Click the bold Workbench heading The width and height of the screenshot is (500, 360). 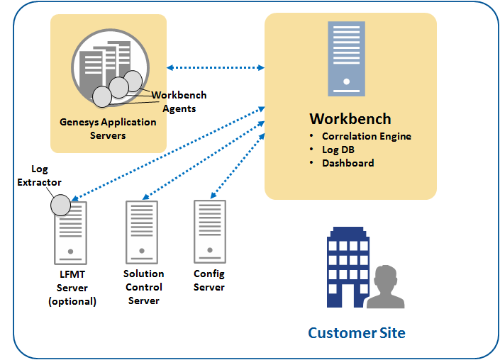click(350, 119)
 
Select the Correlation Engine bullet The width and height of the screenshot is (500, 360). click(366, 136)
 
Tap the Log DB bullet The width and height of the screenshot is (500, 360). click(338, 150)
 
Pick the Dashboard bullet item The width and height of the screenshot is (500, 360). click(348, 163)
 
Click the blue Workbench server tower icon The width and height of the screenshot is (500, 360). click(346, 58)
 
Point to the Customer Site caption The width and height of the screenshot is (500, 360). click(357, 332)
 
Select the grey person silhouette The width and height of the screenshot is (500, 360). click(384, 287)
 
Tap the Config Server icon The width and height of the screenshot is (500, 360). click(210, 230)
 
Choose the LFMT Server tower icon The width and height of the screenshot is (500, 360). click(71, 233)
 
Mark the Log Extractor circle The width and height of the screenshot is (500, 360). click(60, 205)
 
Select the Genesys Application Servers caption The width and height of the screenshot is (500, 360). click(108, 128)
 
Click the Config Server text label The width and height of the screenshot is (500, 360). click(209, 280)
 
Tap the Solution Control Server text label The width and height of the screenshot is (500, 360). click(143, 287)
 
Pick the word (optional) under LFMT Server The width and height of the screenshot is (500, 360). click(72, 301)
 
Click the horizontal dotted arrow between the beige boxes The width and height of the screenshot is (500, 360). click(216, 68)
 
